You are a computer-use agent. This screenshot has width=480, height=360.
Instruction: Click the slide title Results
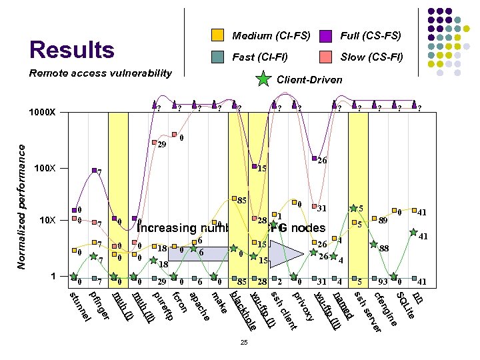pyautogui.click(x=72, y=50)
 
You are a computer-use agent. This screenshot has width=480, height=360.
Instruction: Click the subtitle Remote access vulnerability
pyautogui.click(x=100, y=73)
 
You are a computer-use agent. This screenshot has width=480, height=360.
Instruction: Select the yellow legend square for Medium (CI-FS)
pyautogui.click(x=217, y=35)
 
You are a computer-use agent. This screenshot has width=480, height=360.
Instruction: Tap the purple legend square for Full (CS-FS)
pyautogui.click(x=326, y=35)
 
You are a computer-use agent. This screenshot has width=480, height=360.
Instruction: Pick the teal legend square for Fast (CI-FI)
pyautogui.click(x=217, y=57)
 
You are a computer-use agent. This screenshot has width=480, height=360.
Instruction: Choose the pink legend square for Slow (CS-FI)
pyautogui.click(x=326, y=57)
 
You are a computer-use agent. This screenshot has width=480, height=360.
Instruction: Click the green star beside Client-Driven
pyautogui.click(x=264, y=80)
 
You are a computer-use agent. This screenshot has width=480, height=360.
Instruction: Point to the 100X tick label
pyautogui.click(x=45, y=168)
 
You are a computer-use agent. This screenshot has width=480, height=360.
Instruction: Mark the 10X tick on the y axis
pyautogui.click(x=46, y=221)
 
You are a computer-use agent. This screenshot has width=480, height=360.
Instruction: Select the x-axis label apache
pyautogui.click(x=199, y=303)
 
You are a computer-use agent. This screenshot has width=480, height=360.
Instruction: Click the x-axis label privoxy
pyautogui.click(x=304, y=304)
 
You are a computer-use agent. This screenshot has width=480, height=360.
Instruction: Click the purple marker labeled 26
pyautogui.click(x=314, y=158)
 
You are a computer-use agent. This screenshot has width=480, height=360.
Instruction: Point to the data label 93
pyautogui.click(x=383, y=283)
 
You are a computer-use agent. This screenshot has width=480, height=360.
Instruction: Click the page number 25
pyautogui.click(x=244, y=343)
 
